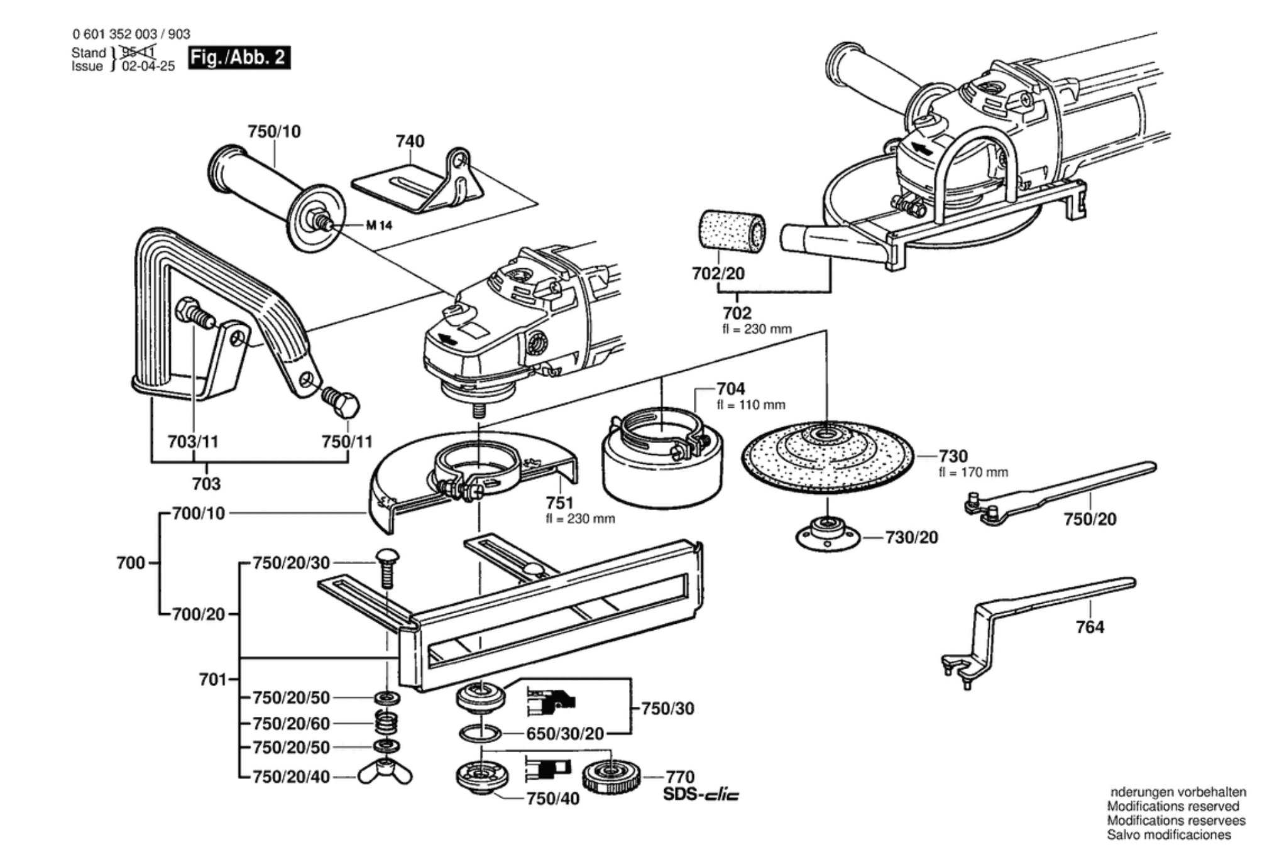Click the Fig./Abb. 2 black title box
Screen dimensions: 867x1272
point(239,58)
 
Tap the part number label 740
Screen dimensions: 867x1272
point(410,141)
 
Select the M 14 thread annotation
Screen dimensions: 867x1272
point(379,225)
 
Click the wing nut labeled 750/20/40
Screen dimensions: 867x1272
point(385,775)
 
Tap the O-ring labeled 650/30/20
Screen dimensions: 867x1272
point(481,733)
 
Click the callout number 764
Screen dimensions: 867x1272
point(1089,627)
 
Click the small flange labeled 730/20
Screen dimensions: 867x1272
point(827,536)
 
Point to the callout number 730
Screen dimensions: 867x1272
point(953,455)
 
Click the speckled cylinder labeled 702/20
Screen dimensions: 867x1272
point(732,232)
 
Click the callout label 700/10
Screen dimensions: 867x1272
point(198,513)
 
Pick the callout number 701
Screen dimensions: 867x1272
point(212,679)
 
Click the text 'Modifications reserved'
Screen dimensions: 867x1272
point(1173,806)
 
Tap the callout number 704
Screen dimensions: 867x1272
point(730,389)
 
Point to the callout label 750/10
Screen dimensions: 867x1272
point(274,131)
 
